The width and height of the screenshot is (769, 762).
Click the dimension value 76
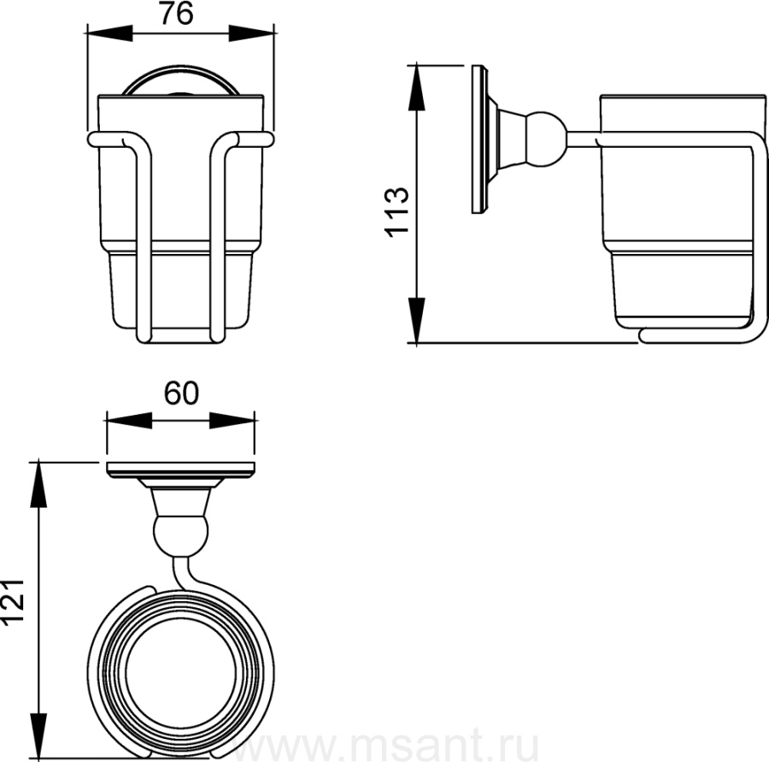click(x=177, y=14)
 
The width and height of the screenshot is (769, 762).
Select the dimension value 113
click(x=396, y=212)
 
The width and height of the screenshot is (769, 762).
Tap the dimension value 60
click(x=181, y=393)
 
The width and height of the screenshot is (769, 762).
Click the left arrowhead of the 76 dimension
click(x=109, y=32)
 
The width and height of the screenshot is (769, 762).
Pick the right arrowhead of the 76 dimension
click(x=251, y=32)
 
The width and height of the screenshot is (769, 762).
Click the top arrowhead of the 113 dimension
click(x=416, y=88)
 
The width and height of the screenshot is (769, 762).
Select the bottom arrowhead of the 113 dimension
click(x=416, y=320)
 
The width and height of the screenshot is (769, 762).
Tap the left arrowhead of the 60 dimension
click(x=129, y=420)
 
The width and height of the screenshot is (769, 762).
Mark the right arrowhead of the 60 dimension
click(x=232, y=420)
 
